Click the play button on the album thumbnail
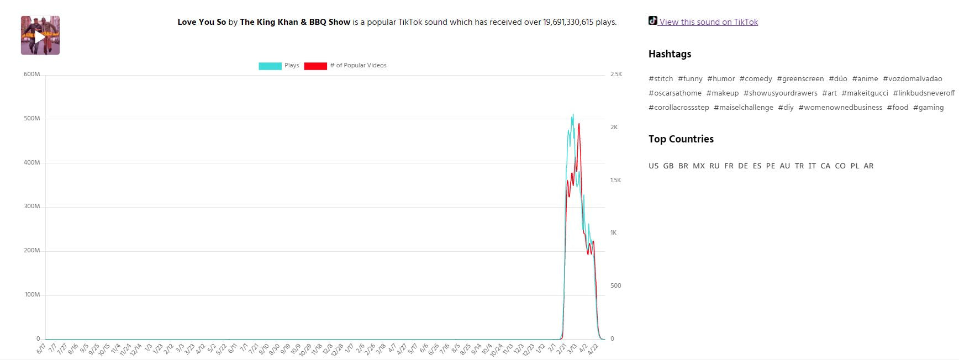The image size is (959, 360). pos(40,36)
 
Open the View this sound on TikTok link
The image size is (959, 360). pos(708,22)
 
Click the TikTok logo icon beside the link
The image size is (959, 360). pos(653,21)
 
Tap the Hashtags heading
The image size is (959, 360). pos(670,54)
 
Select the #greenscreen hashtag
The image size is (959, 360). pos(800,79)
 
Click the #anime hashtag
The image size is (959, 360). pos(865,79)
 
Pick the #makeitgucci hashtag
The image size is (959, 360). pos(865,93)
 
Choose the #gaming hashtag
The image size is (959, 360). pos(928,108)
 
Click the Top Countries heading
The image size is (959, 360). pos(681,139)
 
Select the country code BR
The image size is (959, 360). pos(683,166)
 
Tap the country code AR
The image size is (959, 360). pos(868,166)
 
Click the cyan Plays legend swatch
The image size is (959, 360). pos(270,66)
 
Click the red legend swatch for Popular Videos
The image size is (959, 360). pos(315,66)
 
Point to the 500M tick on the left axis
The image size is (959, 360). pos(32,119)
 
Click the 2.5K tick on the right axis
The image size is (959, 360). pos(616,75)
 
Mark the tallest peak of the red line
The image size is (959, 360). pos(579,124)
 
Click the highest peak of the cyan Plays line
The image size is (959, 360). pos(573,115)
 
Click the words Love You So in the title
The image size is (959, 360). pos(202,23)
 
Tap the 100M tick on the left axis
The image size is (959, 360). pos(32,295)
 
